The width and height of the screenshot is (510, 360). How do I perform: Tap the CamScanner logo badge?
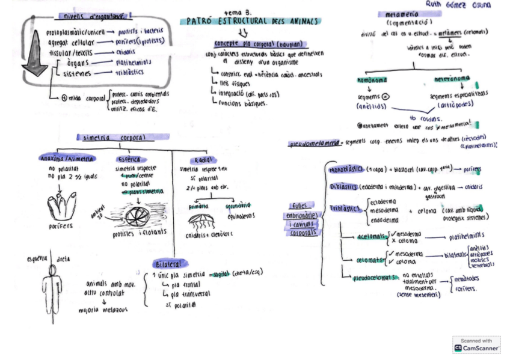click(x=477, y=344)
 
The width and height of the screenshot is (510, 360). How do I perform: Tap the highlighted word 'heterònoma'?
click(x=452, y=79)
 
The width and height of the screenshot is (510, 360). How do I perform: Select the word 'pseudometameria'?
click(x=312, y=144)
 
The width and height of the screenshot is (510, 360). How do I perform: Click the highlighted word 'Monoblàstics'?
click(x=344, y=170)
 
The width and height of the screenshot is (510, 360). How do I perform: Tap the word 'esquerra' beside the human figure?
click(x=37, y=259)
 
